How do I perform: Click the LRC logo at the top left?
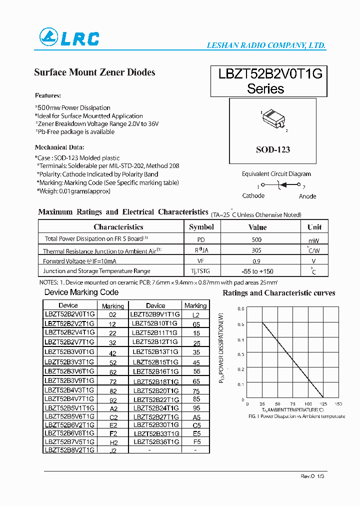(x=69, y=38)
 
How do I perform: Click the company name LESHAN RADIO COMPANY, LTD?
(x=266, y=45)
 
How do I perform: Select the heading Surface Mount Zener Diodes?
(x=94, y=72)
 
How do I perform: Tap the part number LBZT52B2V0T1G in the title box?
(x=270, y=74)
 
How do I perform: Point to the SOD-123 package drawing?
(x=273, y=119)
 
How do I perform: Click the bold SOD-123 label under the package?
(x=272, y=149)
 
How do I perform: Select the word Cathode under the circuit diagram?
(x=253, y=196)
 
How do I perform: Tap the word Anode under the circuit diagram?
(x=307, y=196)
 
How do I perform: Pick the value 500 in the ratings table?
(x=257, y=240)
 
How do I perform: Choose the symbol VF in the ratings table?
(x=201, y=261)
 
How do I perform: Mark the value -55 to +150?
(x=257, y=271)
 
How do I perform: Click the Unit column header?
(x=314, y=227)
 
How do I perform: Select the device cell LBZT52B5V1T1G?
(x=69, y=408)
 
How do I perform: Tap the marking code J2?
(x=112, y=450)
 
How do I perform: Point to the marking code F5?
(x=196, y=442)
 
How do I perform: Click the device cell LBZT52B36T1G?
(x=155, y=442)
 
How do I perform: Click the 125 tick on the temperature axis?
(x=323, y=404)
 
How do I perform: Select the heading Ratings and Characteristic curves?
(x=278, y=293)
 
